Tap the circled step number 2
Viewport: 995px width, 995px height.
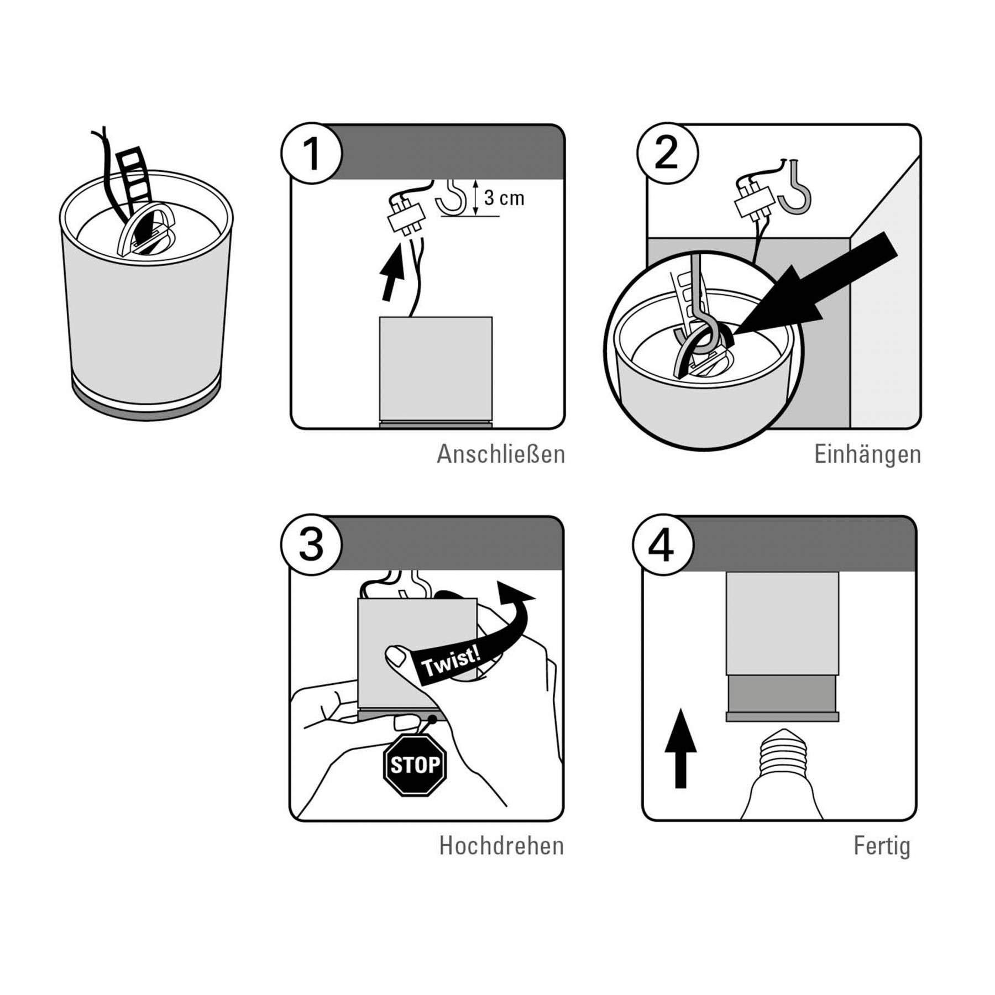667,153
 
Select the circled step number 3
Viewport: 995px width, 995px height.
311,545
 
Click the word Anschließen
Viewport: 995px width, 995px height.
501,454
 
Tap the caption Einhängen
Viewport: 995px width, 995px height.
867,454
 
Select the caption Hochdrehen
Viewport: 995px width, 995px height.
501,846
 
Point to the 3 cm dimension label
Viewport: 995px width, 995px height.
504,198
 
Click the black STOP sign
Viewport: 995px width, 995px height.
415,765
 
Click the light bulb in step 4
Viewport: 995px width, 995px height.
782,774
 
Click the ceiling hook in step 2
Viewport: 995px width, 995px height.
797,188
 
